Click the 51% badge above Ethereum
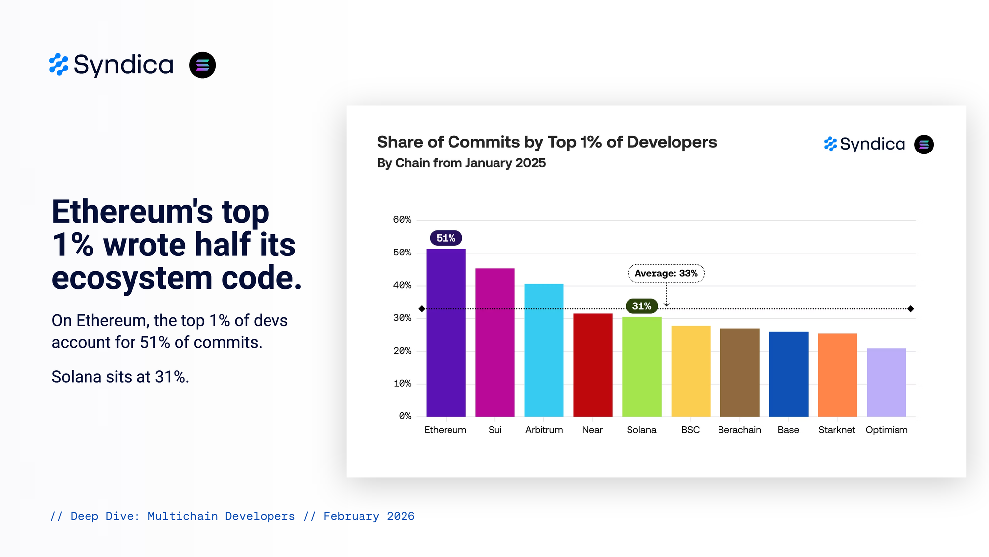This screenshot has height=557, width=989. [446, 238]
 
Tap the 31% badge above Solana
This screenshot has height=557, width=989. [641, 306]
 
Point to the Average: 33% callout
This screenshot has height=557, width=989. [666, 273]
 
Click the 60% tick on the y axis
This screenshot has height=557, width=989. [402, 220]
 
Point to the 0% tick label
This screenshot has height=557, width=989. [405, 416]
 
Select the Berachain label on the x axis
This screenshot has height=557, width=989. [739, 430]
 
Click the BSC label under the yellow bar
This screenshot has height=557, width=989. [690, 430]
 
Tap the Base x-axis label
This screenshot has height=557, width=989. [788, 430]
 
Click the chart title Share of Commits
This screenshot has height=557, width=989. [546, 142]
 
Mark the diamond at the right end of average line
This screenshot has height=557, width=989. [911, 309]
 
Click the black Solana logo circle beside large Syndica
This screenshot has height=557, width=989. [202, 65]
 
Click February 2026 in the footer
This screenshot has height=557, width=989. [369, 516]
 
